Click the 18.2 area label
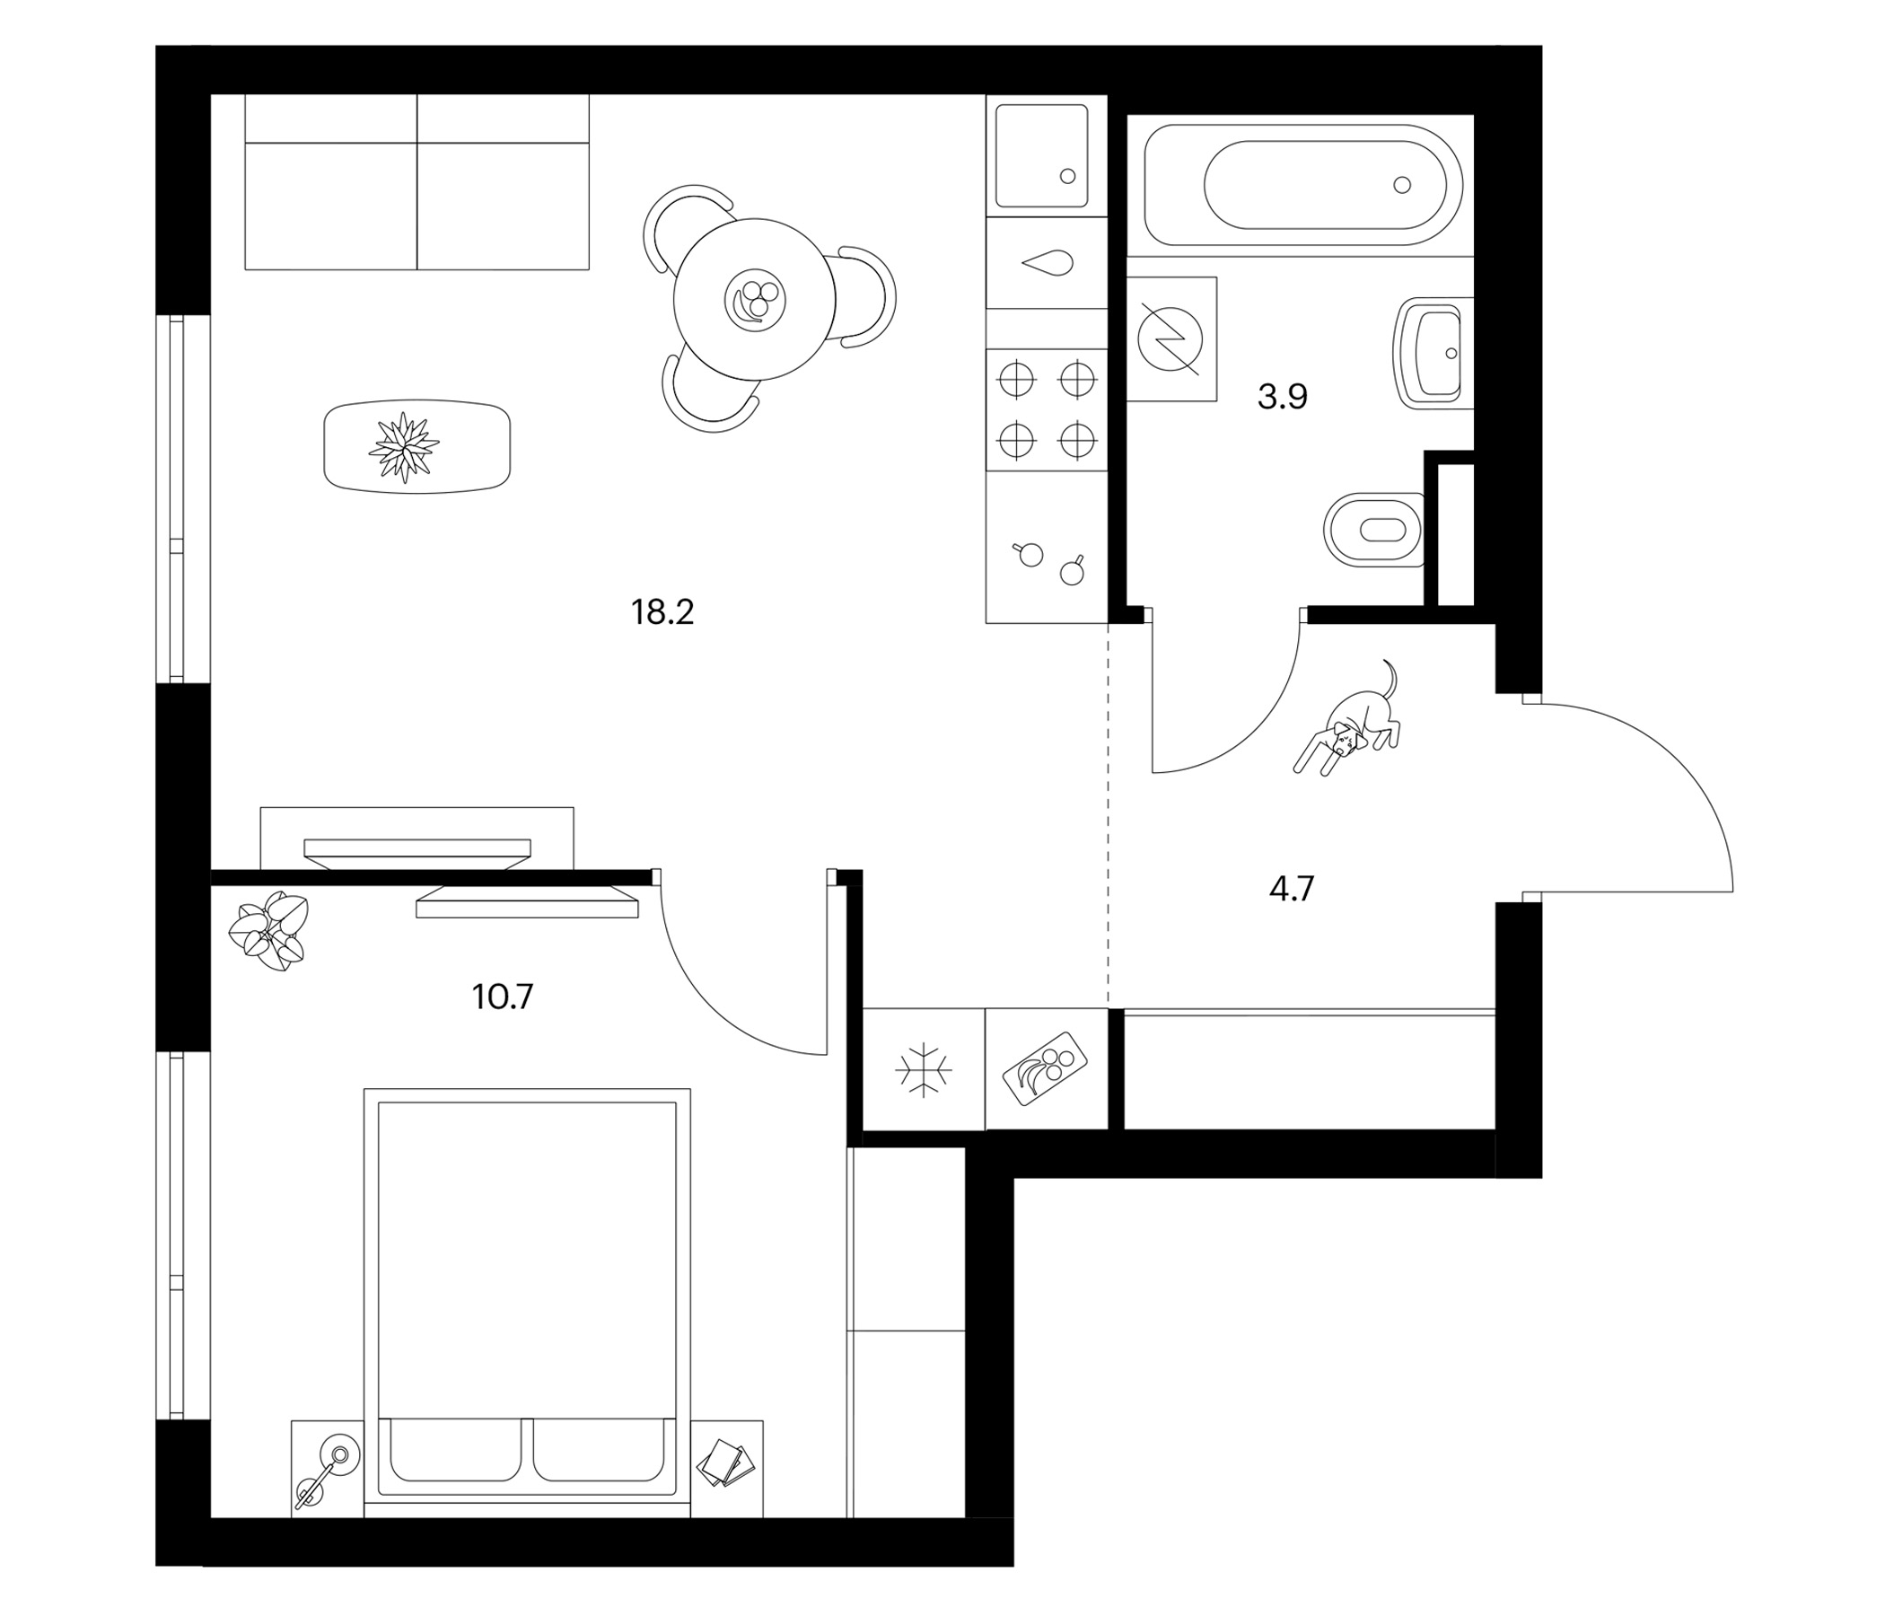662,612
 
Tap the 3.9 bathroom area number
1282,397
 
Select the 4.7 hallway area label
1292,888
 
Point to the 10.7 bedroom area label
502,997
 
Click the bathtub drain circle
1402,185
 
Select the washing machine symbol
1170,339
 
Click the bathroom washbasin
1432,352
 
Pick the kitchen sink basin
1041,156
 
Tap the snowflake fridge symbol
924,1069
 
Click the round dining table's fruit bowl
755,298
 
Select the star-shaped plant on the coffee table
403,447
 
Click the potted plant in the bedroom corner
268,932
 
